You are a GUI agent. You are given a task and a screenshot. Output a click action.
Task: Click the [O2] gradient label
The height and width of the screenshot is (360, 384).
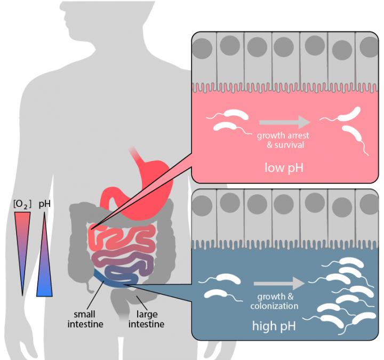(22, 203)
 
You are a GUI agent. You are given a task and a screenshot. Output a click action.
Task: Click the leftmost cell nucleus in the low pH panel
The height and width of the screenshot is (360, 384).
(203, 49)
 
